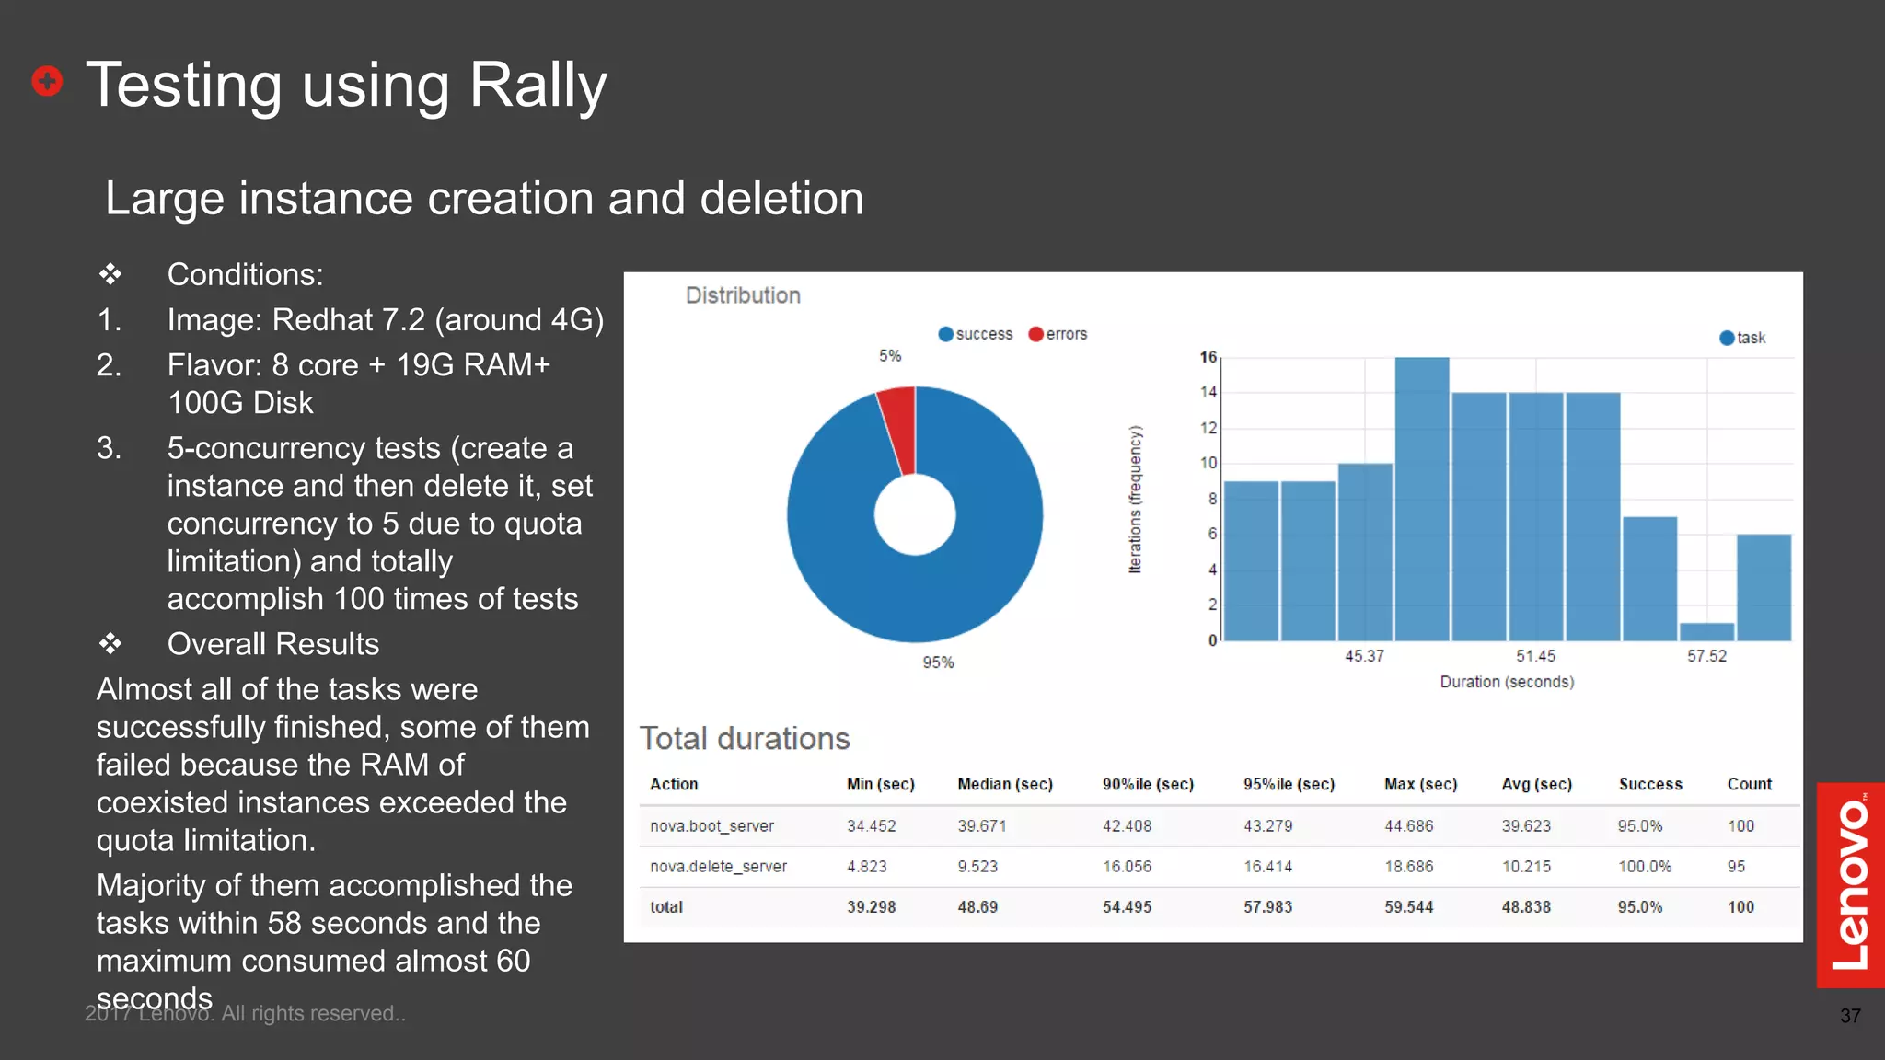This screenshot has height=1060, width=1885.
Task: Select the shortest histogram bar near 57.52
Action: click(x=1706, y=631)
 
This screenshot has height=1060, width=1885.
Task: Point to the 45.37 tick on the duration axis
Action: click(x=1364, y=656)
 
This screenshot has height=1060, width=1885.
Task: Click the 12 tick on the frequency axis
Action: click(x=1208, y=428)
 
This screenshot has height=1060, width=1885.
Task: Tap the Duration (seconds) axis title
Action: click(x=1507, y=682)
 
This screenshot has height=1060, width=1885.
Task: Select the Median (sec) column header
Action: click(x=1004, y=784)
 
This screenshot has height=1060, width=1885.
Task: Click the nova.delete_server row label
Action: click(x=718, y=867)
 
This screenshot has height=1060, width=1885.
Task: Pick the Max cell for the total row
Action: click(x=1408, y=907)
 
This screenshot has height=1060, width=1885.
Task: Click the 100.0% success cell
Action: click(x=1645, y=867)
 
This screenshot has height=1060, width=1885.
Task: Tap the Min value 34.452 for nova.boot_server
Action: click(x=871, y=826)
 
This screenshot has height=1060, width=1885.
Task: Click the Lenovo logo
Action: click(x=1850, y=885)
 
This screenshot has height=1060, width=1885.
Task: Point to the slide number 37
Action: click(x=1850, y=1016)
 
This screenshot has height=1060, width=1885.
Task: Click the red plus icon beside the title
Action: click(x=47, y=81)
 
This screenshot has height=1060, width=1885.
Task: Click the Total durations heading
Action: click(x=745, y=739)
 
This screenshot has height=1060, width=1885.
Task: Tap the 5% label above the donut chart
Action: click(x=890, y=356)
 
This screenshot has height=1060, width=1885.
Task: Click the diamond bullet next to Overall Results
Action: click(x=110, y=643)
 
